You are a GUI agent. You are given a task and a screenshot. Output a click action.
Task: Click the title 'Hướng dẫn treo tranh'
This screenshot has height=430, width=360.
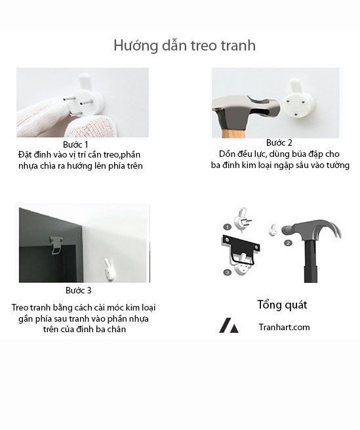185,45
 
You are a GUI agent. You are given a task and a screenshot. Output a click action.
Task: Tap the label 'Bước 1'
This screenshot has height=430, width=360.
75,144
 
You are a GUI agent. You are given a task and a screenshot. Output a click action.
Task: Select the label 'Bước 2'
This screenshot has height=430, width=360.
279,142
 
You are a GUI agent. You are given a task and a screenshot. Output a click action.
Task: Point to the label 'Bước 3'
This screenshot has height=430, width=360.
78,290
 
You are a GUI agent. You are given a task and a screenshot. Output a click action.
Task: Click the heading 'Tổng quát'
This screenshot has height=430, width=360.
282,305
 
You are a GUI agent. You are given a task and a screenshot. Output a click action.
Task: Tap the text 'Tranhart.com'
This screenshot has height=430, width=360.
284,327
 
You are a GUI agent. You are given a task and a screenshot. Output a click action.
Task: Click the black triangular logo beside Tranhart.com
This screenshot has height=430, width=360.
229,326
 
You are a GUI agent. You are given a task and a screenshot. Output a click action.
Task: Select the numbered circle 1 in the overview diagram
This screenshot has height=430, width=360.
228,227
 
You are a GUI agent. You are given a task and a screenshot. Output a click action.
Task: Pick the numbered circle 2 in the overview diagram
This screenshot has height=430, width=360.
288,243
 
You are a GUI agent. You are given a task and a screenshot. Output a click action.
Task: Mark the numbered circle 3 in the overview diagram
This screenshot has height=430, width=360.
227,272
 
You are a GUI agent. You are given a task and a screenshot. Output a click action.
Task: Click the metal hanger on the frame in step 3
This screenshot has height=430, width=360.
56,245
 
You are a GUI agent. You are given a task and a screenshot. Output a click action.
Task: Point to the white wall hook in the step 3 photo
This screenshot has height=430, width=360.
109,270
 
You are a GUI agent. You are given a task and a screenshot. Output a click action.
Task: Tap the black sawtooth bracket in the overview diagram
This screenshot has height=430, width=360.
241,249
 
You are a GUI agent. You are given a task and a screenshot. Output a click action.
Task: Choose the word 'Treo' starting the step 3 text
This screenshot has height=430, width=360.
20,307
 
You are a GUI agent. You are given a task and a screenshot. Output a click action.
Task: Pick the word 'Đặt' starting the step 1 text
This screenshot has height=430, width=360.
24,154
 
